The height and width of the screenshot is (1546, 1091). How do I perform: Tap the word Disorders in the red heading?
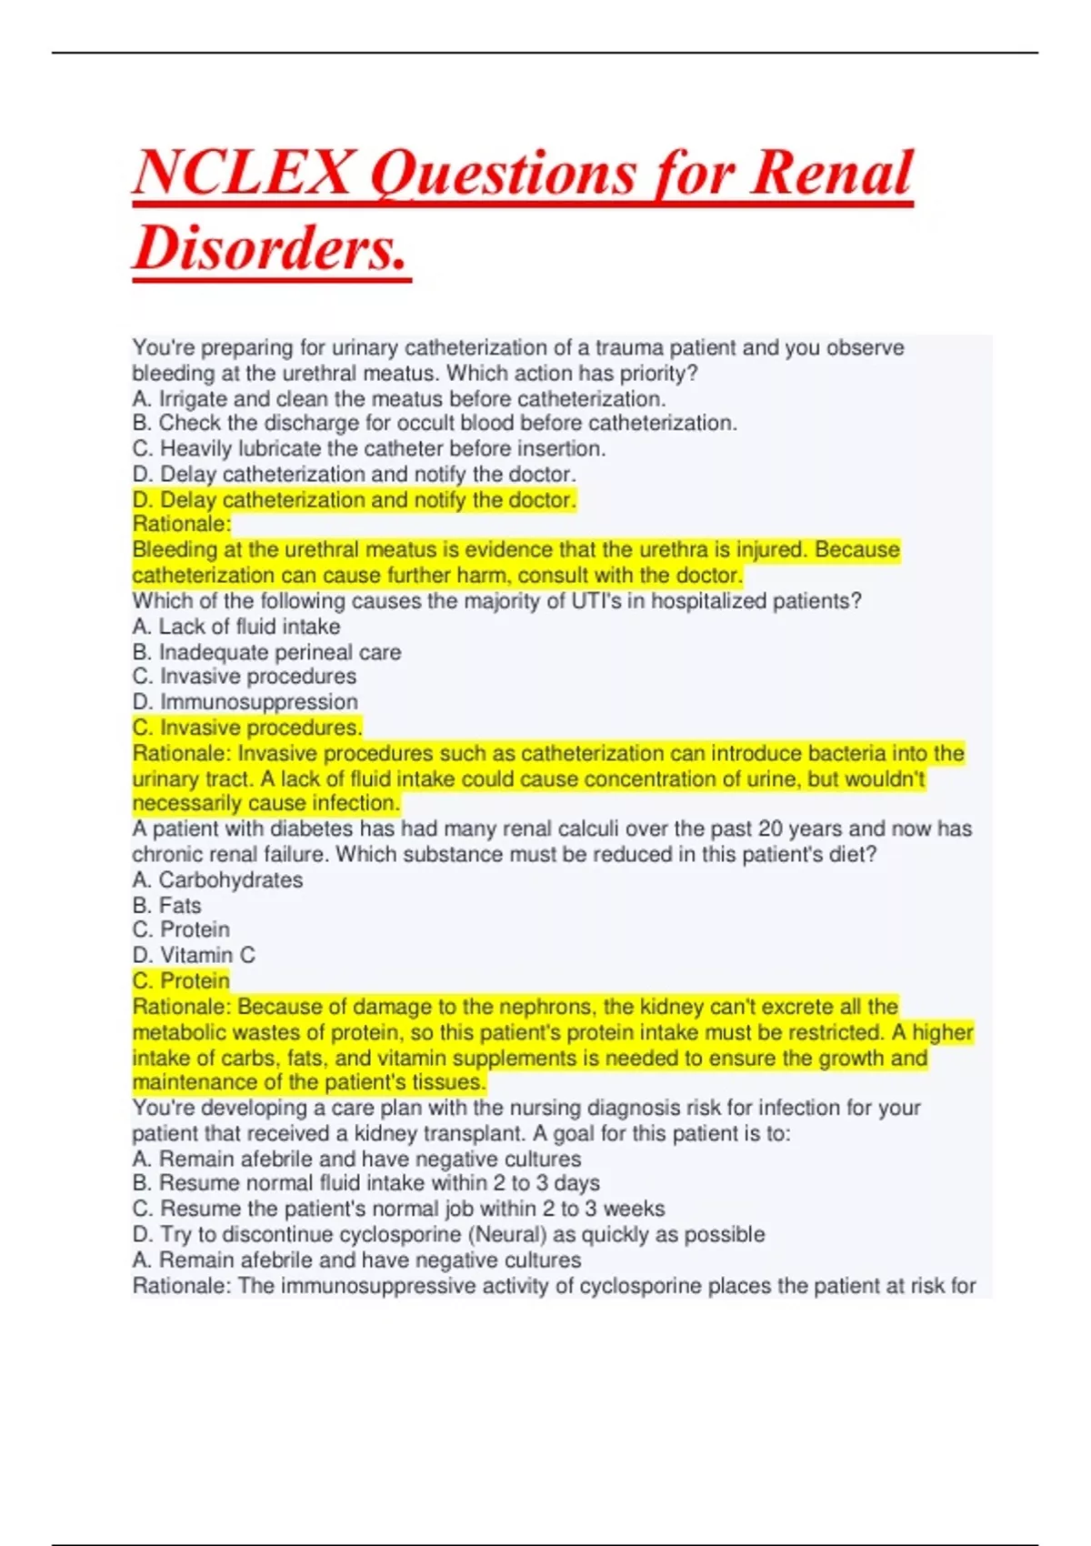(x=270, y=248)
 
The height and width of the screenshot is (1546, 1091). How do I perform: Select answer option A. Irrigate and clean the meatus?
(x=398, y=398)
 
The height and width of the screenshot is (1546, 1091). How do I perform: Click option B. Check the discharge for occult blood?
(x=434, y=423)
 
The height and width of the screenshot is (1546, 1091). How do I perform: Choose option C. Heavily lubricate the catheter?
(x=368, y=448)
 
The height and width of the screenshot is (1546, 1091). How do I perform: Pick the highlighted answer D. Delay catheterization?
(x=354, y=499)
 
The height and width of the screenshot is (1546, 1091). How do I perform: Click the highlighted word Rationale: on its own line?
(x=182, y=524)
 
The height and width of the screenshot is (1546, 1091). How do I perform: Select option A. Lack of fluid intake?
(x=235, y=627)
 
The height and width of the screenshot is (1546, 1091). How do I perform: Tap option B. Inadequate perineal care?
(x=265, y=652)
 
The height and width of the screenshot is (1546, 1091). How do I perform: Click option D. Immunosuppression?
(x=245, y=702)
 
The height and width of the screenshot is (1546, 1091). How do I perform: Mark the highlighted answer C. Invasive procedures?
(x=246, y=728)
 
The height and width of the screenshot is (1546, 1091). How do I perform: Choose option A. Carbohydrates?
(x=217, y=879)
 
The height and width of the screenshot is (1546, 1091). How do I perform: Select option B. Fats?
(x=166, y=905)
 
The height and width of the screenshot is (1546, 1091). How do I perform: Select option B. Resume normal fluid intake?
(x=365, y=1183)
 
